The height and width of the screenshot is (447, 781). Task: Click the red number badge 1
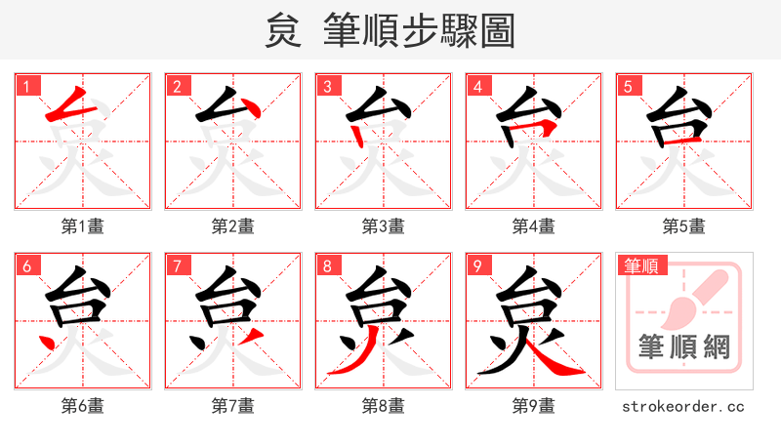point(26,86)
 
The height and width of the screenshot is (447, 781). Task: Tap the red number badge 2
point(177,86)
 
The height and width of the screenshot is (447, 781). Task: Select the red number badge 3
point(327,86)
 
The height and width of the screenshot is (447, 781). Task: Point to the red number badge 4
point(477,86)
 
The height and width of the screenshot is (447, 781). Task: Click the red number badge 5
point(628,86)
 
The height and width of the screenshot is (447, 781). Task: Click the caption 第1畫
point(83,226)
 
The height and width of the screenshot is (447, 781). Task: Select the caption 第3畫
point(384,226)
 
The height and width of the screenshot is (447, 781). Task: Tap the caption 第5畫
point(684,226)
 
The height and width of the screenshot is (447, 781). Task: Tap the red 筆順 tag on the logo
point(640,265)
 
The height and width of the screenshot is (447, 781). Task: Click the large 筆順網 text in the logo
point(684,346)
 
